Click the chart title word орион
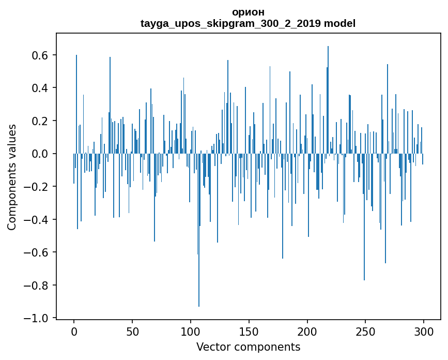tap(248, 12)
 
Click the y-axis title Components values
tap(12, 177)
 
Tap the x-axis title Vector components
tap(248, 347)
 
